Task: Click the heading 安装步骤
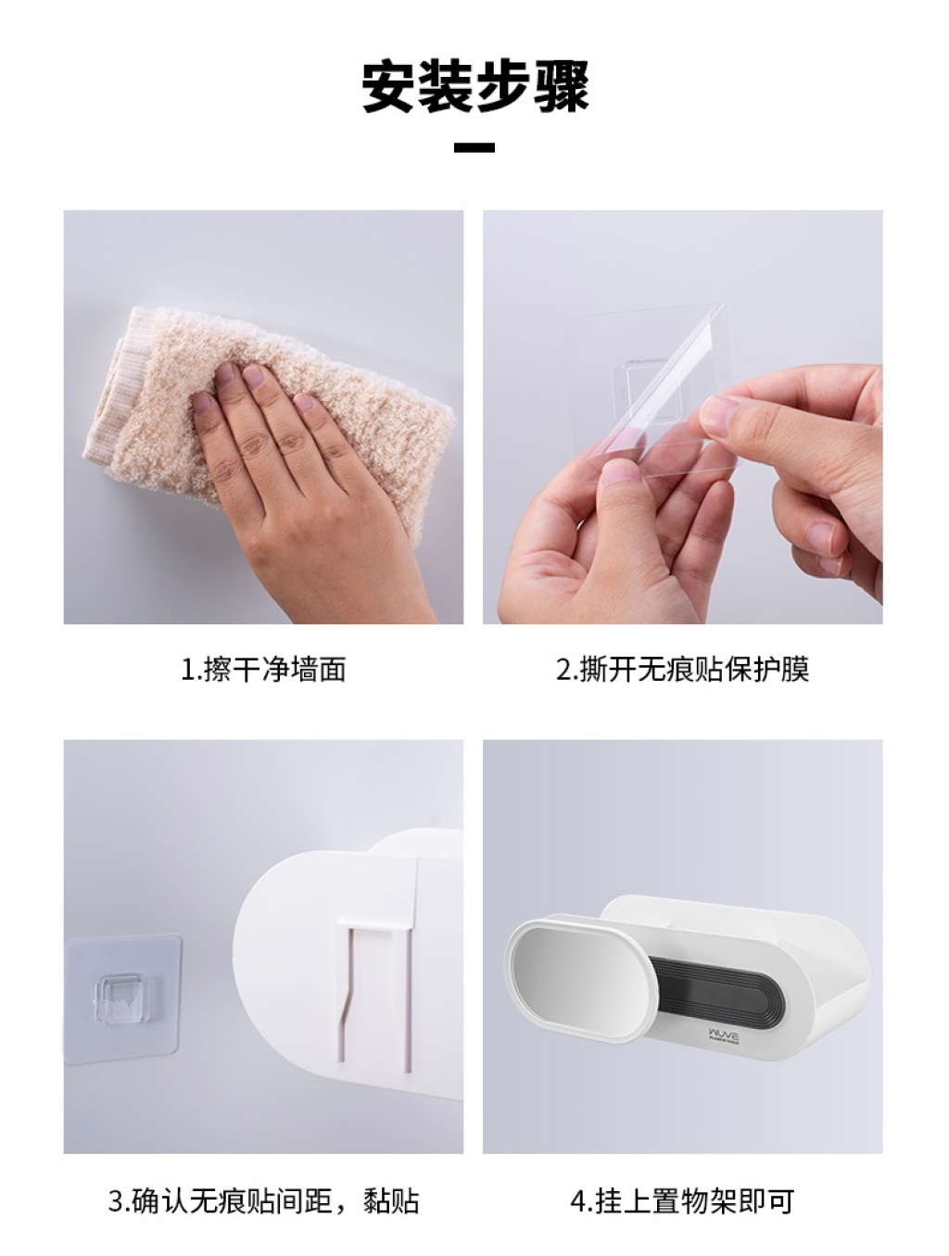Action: point(475,87)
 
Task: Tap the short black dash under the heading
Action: point(474,147)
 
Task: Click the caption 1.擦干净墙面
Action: point(263,669)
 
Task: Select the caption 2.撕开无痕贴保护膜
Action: point(683,669)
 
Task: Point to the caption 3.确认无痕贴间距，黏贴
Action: point(264,1201)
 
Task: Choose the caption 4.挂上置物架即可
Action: point(682,1201)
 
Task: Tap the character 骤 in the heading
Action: point(562,87)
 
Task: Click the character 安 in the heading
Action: point(389,87)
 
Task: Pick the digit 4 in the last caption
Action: point(578,1201)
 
